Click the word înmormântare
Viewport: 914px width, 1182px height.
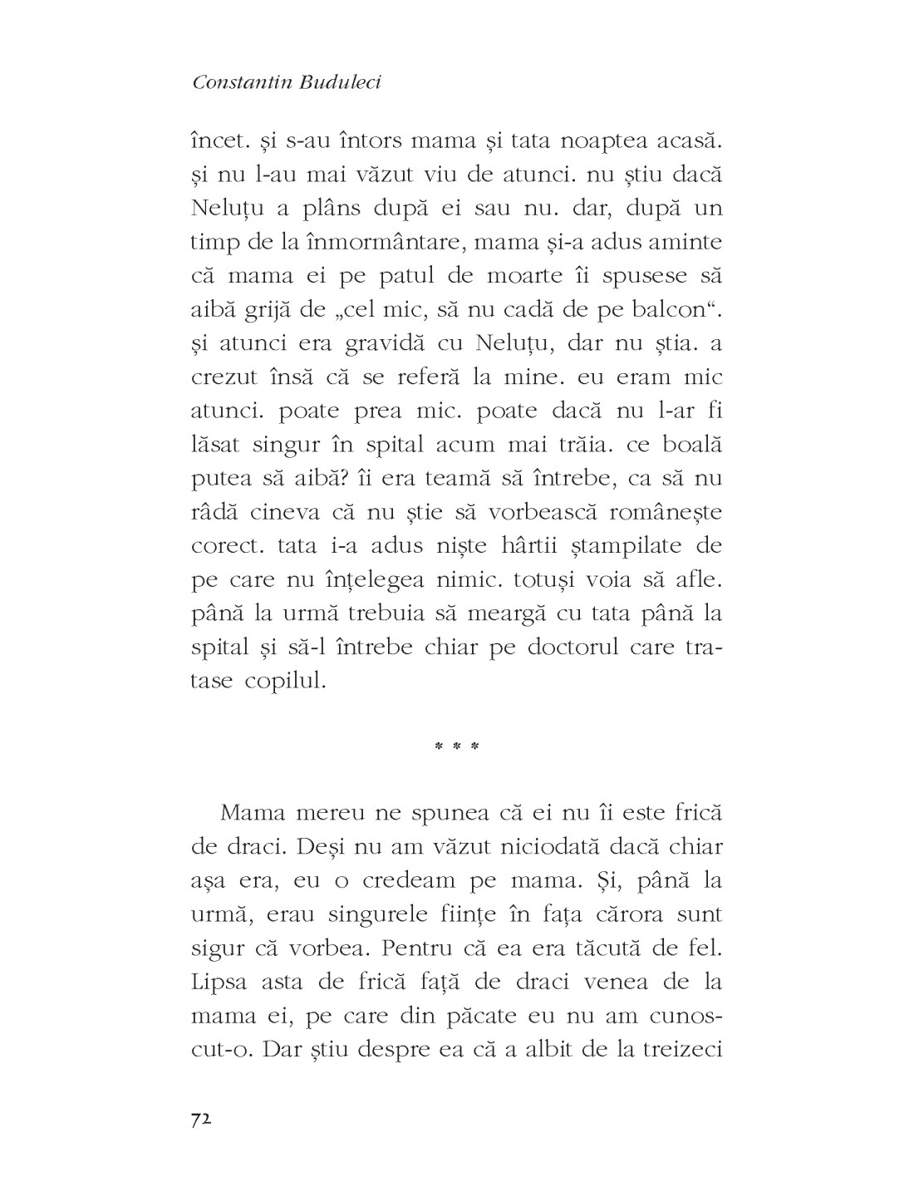382,241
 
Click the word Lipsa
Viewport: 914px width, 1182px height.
223,982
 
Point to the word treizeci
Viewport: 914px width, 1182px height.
681,1050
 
